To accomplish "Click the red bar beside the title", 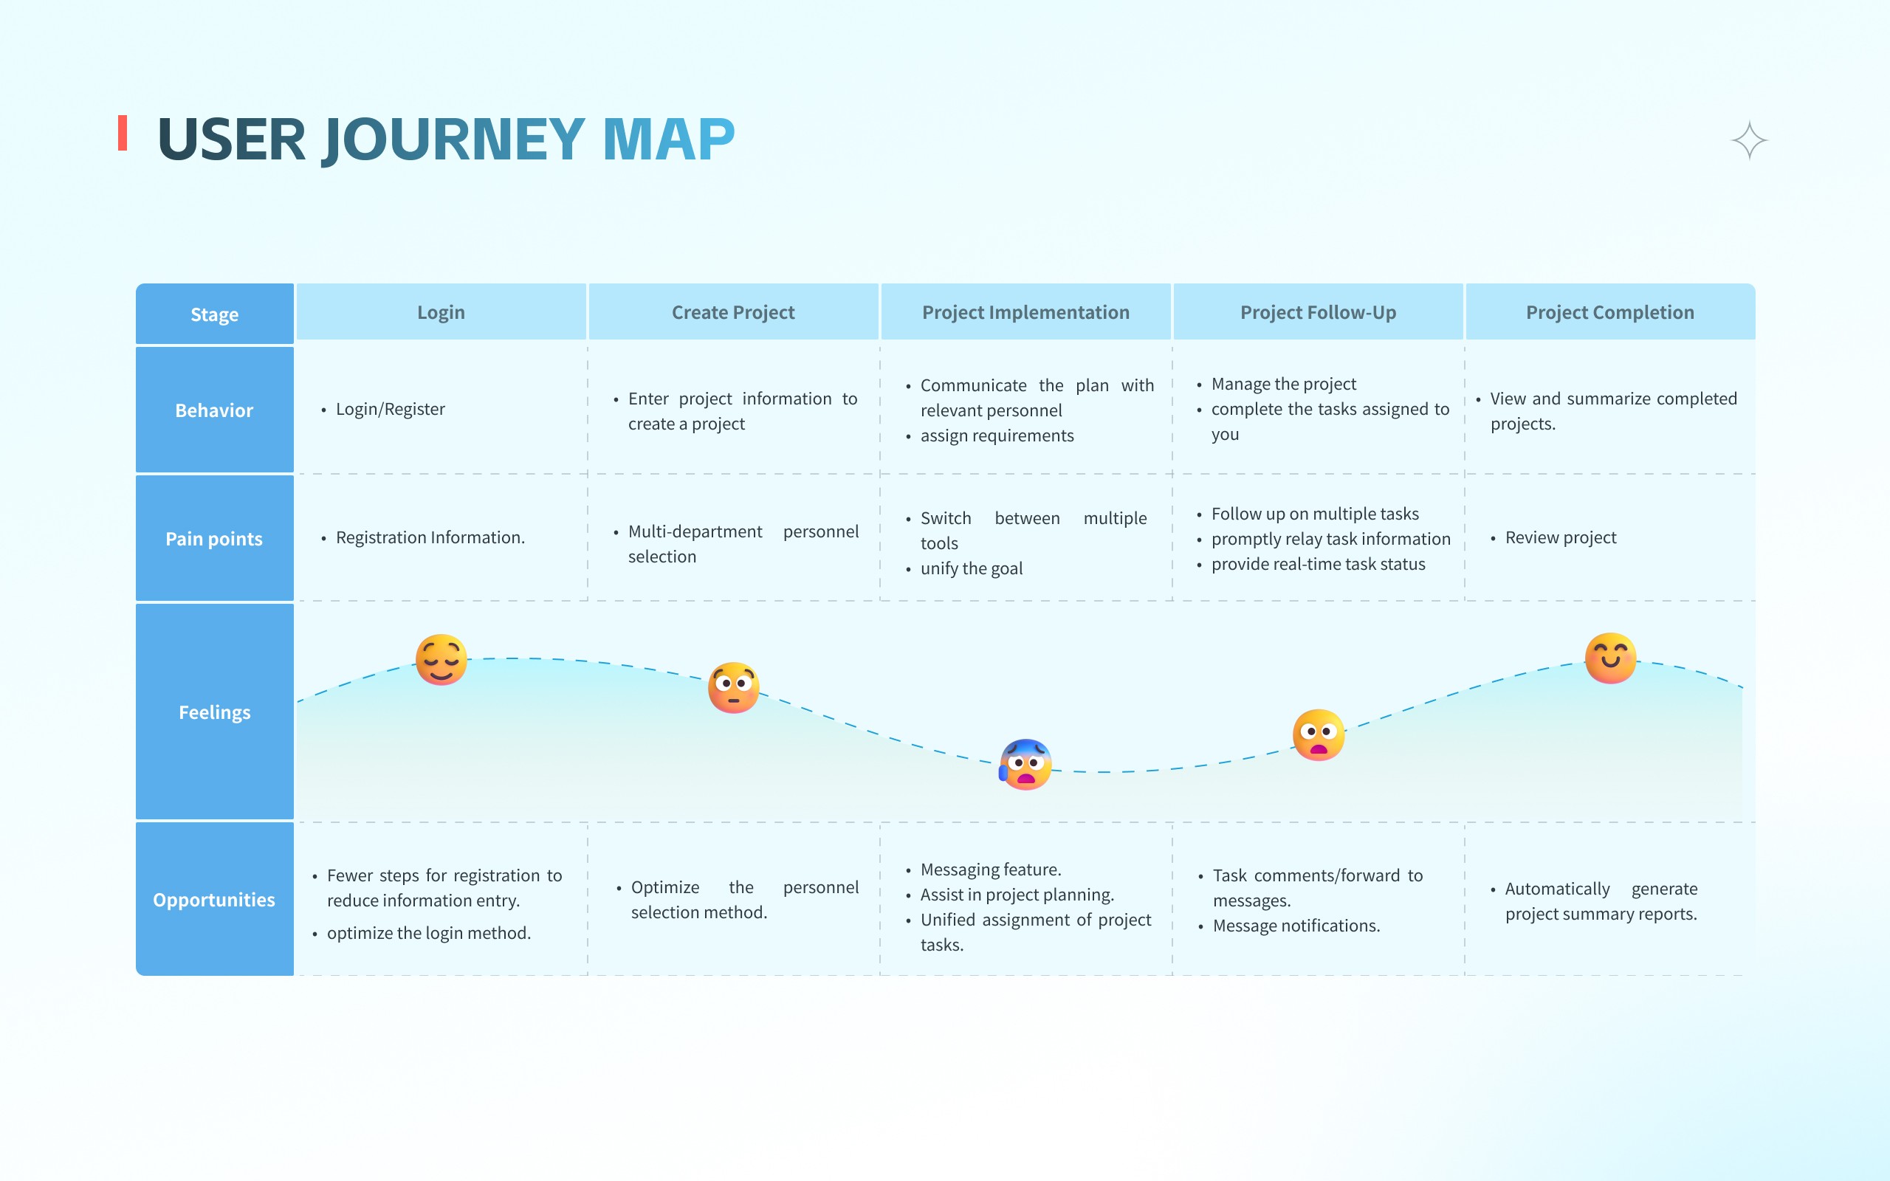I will tap(123, 133).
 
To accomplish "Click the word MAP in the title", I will tap(669, 140).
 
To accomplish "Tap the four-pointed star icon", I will tap(1749, 140).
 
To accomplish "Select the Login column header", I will tap(441, 312).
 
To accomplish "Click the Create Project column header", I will tap(732, 312).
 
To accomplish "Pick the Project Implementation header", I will tap(1025, 312).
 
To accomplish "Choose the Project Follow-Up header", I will tap(1318, 312).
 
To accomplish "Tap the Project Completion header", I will tap(1609, 312).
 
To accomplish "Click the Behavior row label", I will tap(214, 410).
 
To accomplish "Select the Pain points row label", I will tap(214, 539).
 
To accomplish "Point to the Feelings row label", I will tap(214, 712).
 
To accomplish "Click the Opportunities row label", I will tap(214, 900).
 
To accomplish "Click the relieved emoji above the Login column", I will tap(441, 660).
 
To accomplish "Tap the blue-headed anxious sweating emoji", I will tap(1025, 764).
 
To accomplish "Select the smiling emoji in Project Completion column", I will tap(1610, 658).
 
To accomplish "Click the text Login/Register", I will tap(390, 409).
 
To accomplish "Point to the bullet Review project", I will tap(1561, 537).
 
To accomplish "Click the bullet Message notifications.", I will tap(1296, 926).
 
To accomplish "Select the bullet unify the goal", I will tap(971, 568).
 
